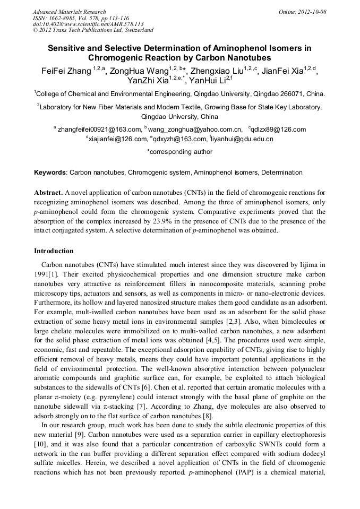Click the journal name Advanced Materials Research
[69, 12]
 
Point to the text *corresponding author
[179, 151]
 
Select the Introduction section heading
[54, 251]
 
